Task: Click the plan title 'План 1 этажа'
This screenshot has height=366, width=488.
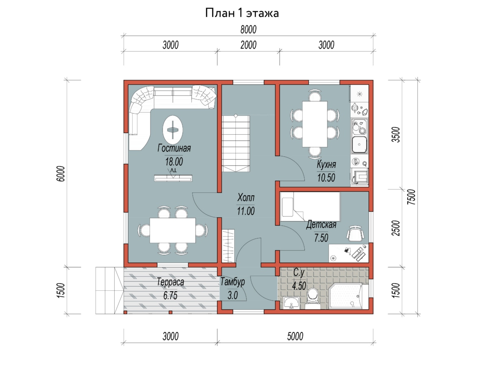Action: [242, 13]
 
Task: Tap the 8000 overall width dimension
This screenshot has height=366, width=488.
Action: [248, 30]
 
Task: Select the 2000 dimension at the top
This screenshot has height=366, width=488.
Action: [248, 45]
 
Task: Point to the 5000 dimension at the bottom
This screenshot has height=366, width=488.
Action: [295, 336]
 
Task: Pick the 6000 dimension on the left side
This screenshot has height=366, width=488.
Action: [61, 174]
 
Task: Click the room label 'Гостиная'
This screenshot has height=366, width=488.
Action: [174, 148]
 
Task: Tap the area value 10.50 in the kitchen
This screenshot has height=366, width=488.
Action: [326, 178]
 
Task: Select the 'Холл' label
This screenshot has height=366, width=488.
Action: [246, 197]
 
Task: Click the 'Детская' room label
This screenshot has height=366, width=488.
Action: [321, 224]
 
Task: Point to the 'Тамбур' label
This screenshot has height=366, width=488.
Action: [233, 282]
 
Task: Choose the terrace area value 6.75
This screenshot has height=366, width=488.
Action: [170, 296]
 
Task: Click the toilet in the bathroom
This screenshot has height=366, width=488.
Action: [313, 298]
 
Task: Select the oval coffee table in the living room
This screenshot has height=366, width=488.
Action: [173, 130]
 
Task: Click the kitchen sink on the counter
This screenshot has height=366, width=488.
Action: [359, 144]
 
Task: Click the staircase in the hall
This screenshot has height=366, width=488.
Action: [236, 144]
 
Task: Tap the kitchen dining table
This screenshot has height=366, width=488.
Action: [315, 124]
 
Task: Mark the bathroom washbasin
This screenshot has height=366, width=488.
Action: [291, 303]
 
